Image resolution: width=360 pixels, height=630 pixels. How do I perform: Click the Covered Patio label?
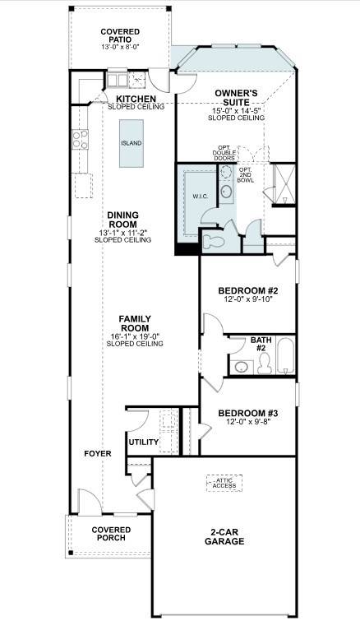pos(120,36)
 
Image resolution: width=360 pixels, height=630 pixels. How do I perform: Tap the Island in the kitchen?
pos(131,143)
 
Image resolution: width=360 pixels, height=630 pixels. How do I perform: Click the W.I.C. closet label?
pos(200,197)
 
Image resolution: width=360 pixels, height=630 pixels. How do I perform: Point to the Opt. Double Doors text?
pos(224,152)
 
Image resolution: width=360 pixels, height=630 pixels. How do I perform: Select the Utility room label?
pos(143,442)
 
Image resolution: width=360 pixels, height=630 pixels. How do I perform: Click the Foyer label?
pos(97,453)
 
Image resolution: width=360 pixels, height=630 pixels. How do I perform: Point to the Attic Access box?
pos(224,483)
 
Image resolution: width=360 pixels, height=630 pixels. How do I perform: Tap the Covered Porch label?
pos(109,534)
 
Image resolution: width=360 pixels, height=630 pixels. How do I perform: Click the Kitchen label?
pos(136,98)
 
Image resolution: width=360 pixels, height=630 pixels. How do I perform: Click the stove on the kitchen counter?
pos(81,140)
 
